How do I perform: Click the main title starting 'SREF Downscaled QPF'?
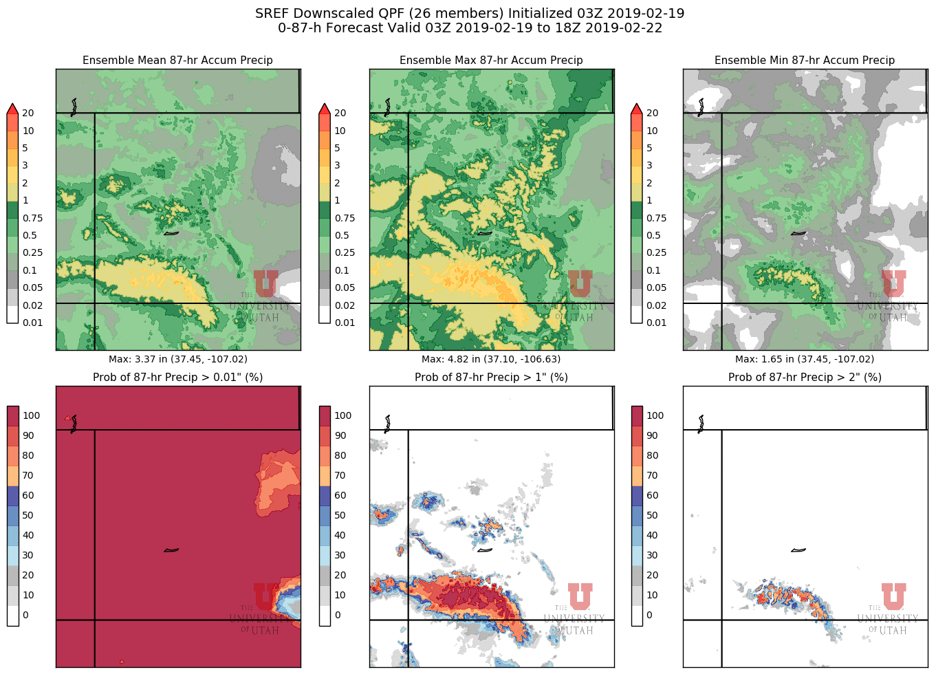470,13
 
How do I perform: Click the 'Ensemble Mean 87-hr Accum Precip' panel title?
177,61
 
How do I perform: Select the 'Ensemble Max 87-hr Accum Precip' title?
491,61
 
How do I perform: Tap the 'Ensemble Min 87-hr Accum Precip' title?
805,61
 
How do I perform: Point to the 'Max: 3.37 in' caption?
178,359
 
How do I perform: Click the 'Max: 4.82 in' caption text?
491,359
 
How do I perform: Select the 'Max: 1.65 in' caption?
805,359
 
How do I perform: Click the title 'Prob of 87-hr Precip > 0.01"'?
177,377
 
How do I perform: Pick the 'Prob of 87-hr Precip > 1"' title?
491,377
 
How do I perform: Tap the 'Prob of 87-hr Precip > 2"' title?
805,377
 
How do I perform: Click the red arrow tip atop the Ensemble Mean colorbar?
12,108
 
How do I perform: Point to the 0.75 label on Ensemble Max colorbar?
345,218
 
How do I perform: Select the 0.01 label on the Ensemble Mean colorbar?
32,323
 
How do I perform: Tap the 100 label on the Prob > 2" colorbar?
655,415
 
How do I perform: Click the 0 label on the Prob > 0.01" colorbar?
25,615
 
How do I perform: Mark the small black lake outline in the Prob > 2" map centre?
798,550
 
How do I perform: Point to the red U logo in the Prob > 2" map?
893,596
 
